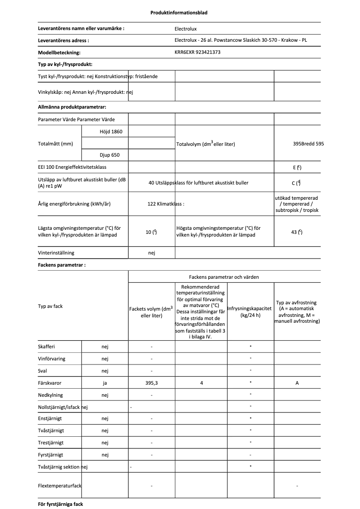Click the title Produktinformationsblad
[x=179, y=13]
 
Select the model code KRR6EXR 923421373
[x=197, y=53]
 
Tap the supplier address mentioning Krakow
[x=241, y=40]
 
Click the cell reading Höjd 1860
[x=111, y=132]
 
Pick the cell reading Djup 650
[x=110, y=155]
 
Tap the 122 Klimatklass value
[x=166, y=204]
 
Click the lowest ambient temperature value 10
[x=151, y=232]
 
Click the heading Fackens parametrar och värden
[x=224, y=277]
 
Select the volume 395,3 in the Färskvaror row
[x=152, y=383]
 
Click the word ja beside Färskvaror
[x=105, y=383]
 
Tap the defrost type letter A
[x=297, y=383]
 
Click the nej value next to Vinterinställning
[x=152, y=253]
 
